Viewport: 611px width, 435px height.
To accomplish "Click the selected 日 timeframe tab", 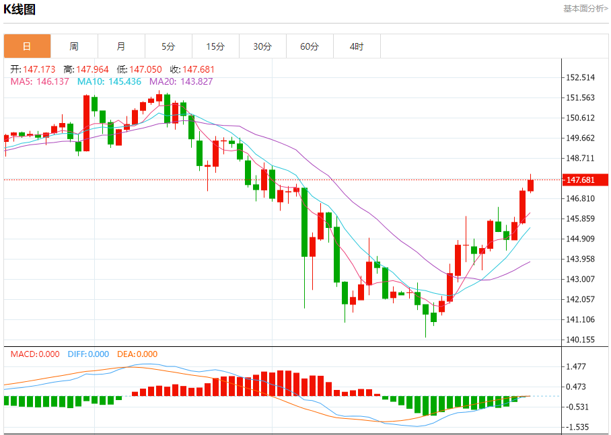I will point(27,46).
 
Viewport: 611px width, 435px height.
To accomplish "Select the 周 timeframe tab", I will point(74,46).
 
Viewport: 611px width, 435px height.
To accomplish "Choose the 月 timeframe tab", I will point(121,46).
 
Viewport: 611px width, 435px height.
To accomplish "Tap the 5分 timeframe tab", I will point(168,46).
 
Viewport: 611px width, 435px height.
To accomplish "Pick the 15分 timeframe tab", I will point(215,46).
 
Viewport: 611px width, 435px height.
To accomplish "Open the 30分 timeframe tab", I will point(262,46).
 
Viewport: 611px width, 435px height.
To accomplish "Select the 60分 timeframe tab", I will point(310,46).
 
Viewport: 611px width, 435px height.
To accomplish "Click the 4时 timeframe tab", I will point(357,46).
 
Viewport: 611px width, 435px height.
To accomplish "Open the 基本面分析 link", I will point(585,9).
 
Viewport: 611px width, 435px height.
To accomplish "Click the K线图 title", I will point(20,9).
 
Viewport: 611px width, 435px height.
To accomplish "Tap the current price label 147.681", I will point(580,180).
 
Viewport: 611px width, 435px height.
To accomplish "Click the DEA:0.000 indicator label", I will point(137,354).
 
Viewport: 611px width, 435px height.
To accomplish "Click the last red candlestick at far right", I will point(531,185).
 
